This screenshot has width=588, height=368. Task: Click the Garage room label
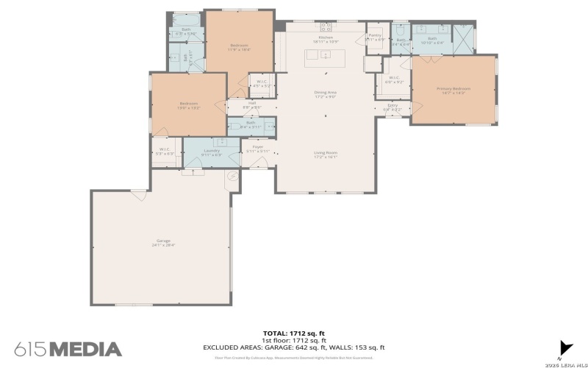(x=162, y=242)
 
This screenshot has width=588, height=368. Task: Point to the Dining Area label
(x=325, y=93)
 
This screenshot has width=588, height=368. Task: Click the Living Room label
(x=325, y=154)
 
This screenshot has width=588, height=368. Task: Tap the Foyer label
(x=257, y=148)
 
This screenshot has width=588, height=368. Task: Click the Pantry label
(x=376, y=36)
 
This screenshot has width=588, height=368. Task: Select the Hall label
(x=251, y=104)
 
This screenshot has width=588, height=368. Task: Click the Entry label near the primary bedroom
(x=392, y=107)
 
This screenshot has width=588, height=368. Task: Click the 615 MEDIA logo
(x=68, y=348)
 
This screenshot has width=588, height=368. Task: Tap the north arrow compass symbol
(x=565, y=348)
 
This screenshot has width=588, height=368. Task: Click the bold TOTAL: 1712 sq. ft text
(x=294, y=333)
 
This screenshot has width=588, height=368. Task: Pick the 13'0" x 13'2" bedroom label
(x=188, y=105)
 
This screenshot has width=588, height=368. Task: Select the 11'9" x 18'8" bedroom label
(x=240, y=47)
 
